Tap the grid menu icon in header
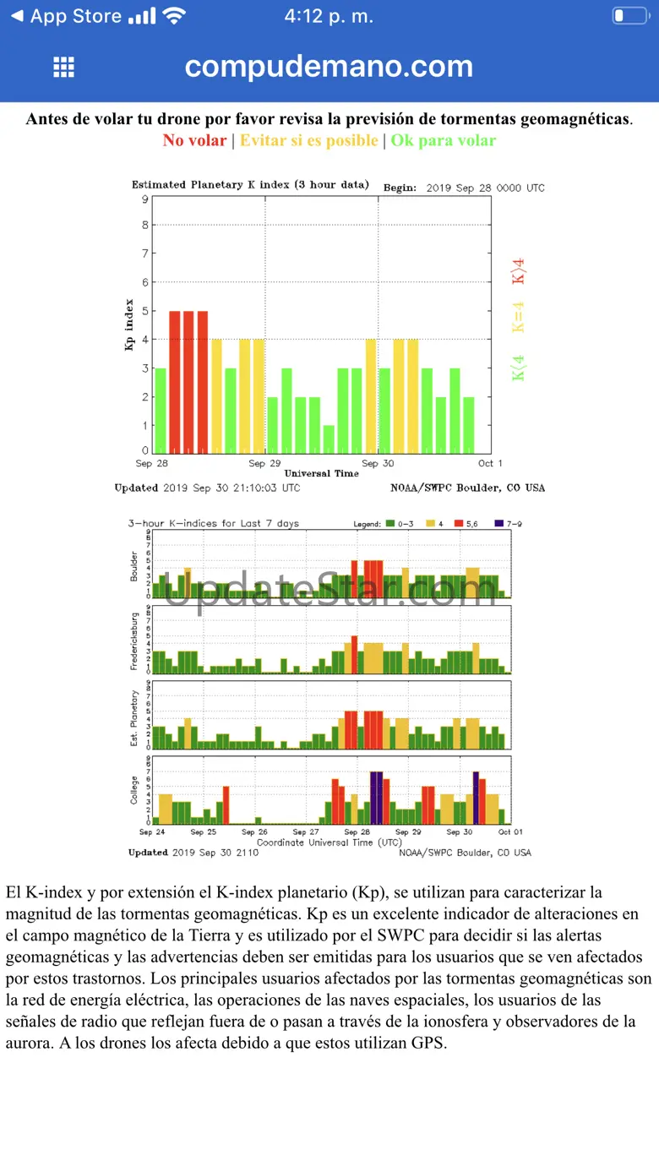(63, 68)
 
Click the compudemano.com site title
(329, 66)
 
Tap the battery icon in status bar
(629, 16)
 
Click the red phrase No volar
(194, 140)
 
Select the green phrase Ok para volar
(443, 140)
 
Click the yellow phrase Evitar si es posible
(308, 140)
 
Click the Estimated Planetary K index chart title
(250, 185)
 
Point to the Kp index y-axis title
(130, 325)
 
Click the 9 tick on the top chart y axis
(145, 199)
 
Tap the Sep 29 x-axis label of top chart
(264, 463)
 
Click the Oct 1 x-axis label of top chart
(490, 463)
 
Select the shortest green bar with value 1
(329, 439)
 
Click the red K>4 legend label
(519, 270)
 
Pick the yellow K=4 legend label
(519, 317)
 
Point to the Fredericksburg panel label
(134, 639)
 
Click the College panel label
(134, 789)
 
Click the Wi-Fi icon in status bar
(175, 16)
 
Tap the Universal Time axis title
(321, 473)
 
